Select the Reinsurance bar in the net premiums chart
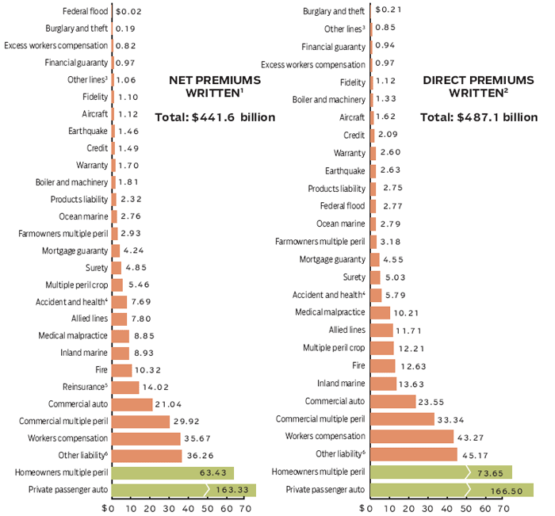125,388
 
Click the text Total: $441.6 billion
215,117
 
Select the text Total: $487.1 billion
478,117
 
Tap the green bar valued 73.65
440,472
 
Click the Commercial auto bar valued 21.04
132,404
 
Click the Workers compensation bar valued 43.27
411,437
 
